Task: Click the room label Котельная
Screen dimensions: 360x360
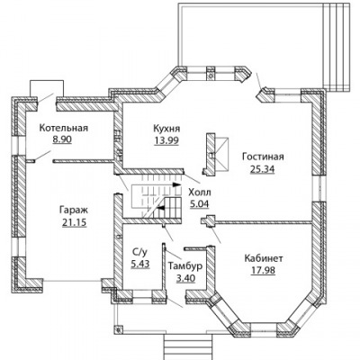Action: [64, 128]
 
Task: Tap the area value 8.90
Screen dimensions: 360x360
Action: [62, 139]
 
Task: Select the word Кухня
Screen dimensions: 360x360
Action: [166, 129]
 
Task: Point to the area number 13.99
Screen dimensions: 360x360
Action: [166, 140]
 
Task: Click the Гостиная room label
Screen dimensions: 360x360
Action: [263, 157]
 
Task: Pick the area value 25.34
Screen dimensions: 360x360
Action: [262, 169]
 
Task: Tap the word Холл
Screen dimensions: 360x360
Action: [200, 192]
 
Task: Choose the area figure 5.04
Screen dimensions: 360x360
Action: [200, 204]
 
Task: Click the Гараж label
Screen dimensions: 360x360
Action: [74, 210]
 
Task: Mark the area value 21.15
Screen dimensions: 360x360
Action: [75, 222]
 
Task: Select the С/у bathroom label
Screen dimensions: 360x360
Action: [139, 253]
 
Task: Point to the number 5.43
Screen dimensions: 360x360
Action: [140, 265]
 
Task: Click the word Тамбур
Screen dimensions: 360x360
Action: [185, 265]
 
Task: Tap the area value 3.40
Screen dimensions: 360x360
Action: [185, 278]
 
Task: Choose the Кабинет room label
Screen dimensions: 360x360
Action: [264, 258]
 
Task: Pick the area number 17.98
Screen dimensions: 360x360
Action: [263, 271]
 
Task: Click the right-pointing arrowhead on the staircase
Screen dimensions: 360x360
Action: [177, 184]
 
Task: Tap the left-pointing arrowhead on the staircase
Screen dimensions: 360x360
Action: [161, 208]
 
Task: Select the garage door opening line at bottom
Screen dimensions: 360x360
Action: [72, 281]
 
